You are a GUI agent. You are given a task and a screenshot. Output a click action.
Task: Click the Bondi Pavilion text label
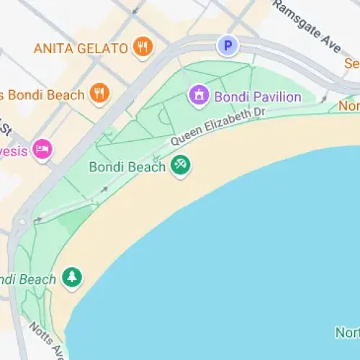pos(256,96)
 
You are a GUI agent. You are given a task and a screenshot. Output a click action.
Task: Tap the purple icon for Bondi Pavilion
pos(197,94)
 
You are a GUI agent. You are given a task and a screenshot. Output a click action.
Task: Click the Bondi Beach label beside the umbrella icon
pos(127,167)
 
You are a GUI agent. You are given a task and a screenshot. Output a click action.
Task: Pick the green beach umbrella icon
pos(180,166)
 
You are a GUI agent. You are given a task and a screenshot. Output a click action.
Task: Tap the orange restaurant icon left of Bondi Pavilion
pos(99,92)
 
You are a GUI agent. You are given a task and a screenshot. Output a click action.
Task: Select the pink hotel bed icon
pos(42,150)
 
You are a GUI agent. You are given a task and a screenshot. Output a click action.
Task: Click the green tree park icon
pos(71,277)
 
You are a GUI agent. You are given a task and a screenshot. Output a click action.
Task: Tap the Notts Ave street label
pos(45,341)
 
